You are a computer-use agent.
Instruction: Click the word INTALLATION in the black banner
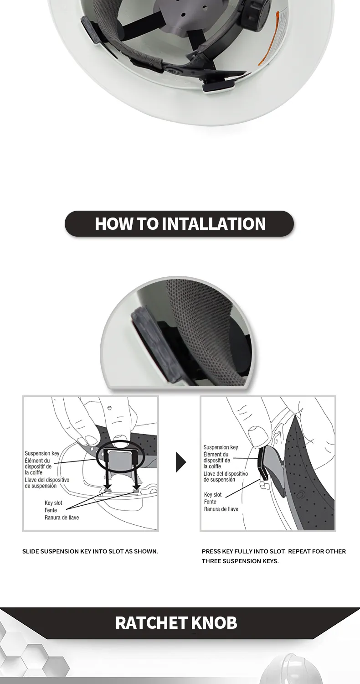tap(214, 223)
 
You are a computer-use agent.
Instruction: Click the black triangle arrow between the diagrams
tap(180, 462)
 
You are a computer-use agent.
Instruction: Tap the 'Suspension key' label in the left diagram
tap(42, 453)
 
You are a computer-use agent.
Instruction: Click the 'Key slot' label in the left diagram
tap(53, 503)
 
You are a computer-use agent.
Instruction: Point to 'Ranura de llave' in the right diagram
tap(221, 509)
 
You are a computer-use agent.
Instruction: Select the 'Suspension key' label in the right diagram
tap(221, 447)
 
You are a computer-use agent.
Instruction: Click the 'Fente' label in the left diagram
tap(51, 510)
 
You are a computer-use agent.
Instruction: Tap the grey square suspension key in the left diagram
tap(120, 462)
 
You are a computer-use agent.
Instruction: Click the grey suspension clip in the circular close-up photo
tap(148, 345)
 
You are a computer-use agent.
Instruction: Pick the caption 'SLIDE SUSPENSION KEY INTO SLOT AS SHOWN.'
tap(90, 551)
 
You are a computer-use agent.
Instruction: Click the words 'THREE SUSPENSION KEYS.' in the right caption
tap(240, 561)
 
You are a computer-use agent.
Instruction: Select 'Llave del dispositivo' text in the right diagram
tap(226, 474)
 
